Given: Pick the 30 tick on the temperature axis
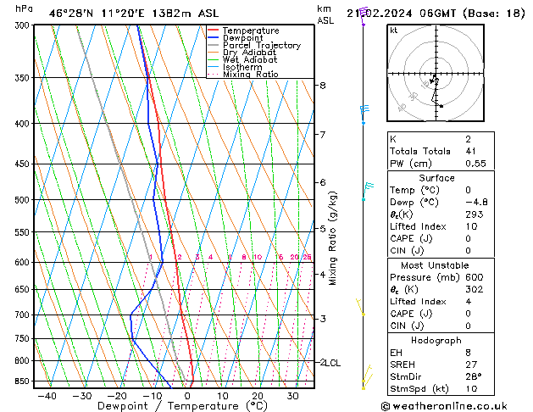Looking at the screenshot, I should [x=292, y=396].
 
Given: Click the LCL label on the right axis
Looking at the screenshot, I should [x=333, y=363].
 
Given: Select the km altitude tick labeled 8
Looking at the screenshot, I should [x=322, y=86].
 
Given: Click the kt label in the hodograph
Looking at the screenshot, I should [x=393, y=31].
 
